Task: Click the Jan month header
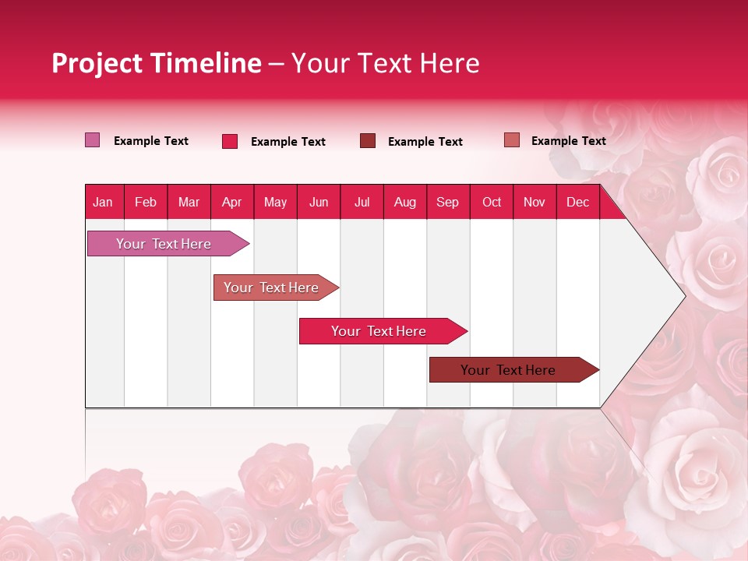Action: tap(103, 202)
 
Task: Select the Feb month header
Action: tap(146, 202)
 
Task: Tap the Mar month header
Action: tap(189, 202)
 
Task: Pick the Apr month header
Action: tap(231, 202)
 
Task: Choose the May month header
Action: tap(275, 202)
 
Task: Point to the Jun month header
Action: tap(319, 202)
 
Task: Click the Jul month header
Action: tap(362, 202)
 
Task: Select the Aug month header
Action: tap(404, 202)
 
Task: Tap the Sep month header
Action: tap(447, 202)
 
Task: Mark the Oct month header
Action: tap(492, 202)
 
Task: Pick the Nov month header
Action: tap(535, 202)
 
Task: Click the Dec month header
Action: tap(577, 202)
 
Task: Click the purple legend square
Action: tap(93, 140)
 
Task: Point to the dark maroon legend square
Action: tap(368, 140)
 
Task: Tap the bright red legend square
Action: tap(230, 141)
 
